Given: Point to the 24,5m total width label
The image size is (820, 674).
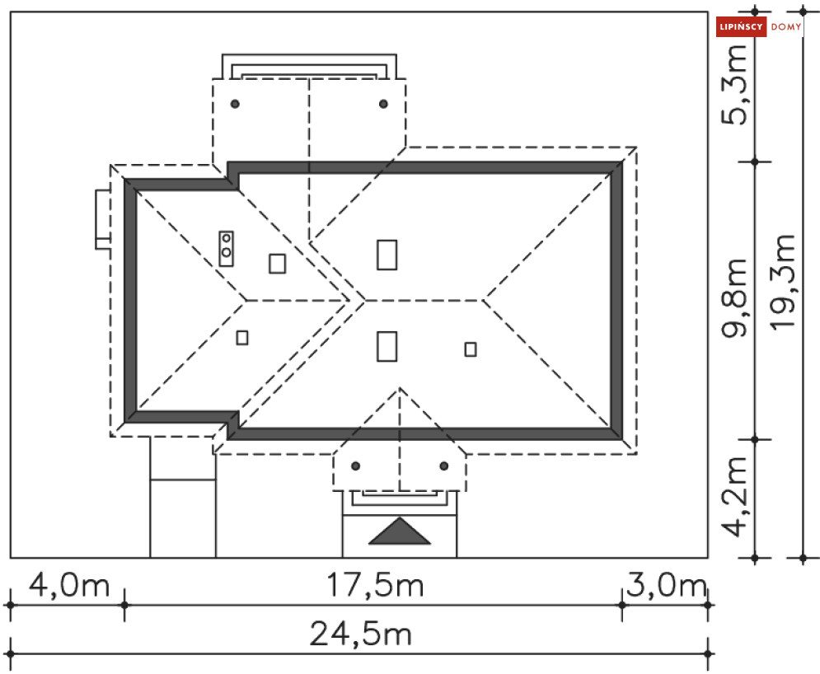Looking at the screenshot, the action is (x=361, y=634).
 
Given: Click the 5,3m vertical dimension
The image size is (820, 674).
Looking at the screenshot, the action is (x=734, y=85).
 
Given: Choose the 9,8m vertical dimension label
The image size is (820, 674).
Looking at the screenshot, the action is (x=734, y=298).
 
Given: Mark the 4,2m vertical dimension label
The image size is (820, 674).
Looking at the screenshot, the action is (x=734, y=497).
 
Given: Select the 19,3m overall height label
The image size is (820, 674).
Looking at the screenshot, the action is (x=783, y=283).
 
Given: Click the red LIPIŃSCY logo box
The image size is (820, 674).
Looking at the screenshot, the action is (x=741, y=26).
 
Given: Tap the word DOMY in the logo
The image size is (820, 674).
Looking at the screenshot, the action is (x=786, y=26).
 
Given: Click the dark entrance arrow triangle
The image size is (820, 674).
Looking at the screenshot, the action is (x=400, y=531).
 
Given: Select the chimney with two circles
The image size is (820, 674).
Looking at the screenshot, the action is (x=227, y=248).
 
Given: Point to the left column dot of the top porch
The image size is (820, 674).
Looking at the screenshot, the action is (x=235, y=104).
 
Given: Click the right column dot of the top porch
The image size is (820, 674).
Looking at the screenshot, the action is (x=383, y=104).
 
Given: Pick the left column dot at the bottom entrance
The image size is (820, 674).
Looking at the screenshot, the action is (x=356, y=466).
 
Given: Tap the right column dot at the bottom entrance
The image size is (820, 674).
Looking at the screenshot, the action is (x=444, y=466).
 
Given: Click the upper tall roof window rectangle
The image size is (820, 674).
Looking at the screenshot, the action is (x=387, y=255).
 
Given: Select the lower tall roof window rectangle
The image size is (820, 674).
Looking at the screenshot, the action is (x=387, y=346).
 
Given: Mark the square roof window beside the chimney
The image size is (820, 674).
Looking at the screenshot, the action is (x=277, y=264).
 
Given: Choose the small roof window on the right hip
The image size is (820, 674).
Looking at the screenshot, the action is (x=471, y=349).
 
